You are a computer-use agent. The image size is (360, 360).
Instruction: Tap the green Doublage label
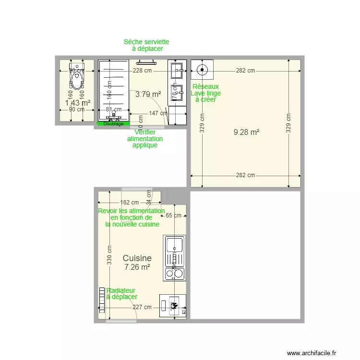pos(113,124)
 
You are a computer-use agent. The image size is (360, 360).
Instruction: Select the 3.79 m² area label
pos(148,95)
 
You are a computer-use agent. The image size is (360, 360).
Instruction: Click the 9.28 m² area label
pos(246,132)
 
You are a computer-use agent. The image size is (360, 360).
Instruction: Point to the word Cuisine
pos(137,258)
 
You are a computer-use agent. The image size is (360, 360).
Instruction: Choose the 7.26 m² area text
pos(137,267)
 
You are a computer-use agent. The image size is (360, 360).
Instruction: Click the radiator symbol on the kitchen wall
pos(102,300)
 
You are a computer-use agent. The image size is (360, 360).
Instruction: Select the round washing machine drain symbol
pos(202,70)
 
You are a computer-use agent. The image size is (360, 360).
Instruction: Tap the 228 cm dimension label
pos(143,71)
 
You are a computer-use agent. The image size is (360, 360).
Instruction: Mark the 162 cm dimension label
pos(129,203)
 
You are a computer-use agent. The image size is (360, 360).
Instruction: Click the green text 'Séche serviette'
pos(146,42)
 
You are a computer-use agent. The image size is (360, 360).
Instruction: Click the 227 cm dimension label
pos(142,307)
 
